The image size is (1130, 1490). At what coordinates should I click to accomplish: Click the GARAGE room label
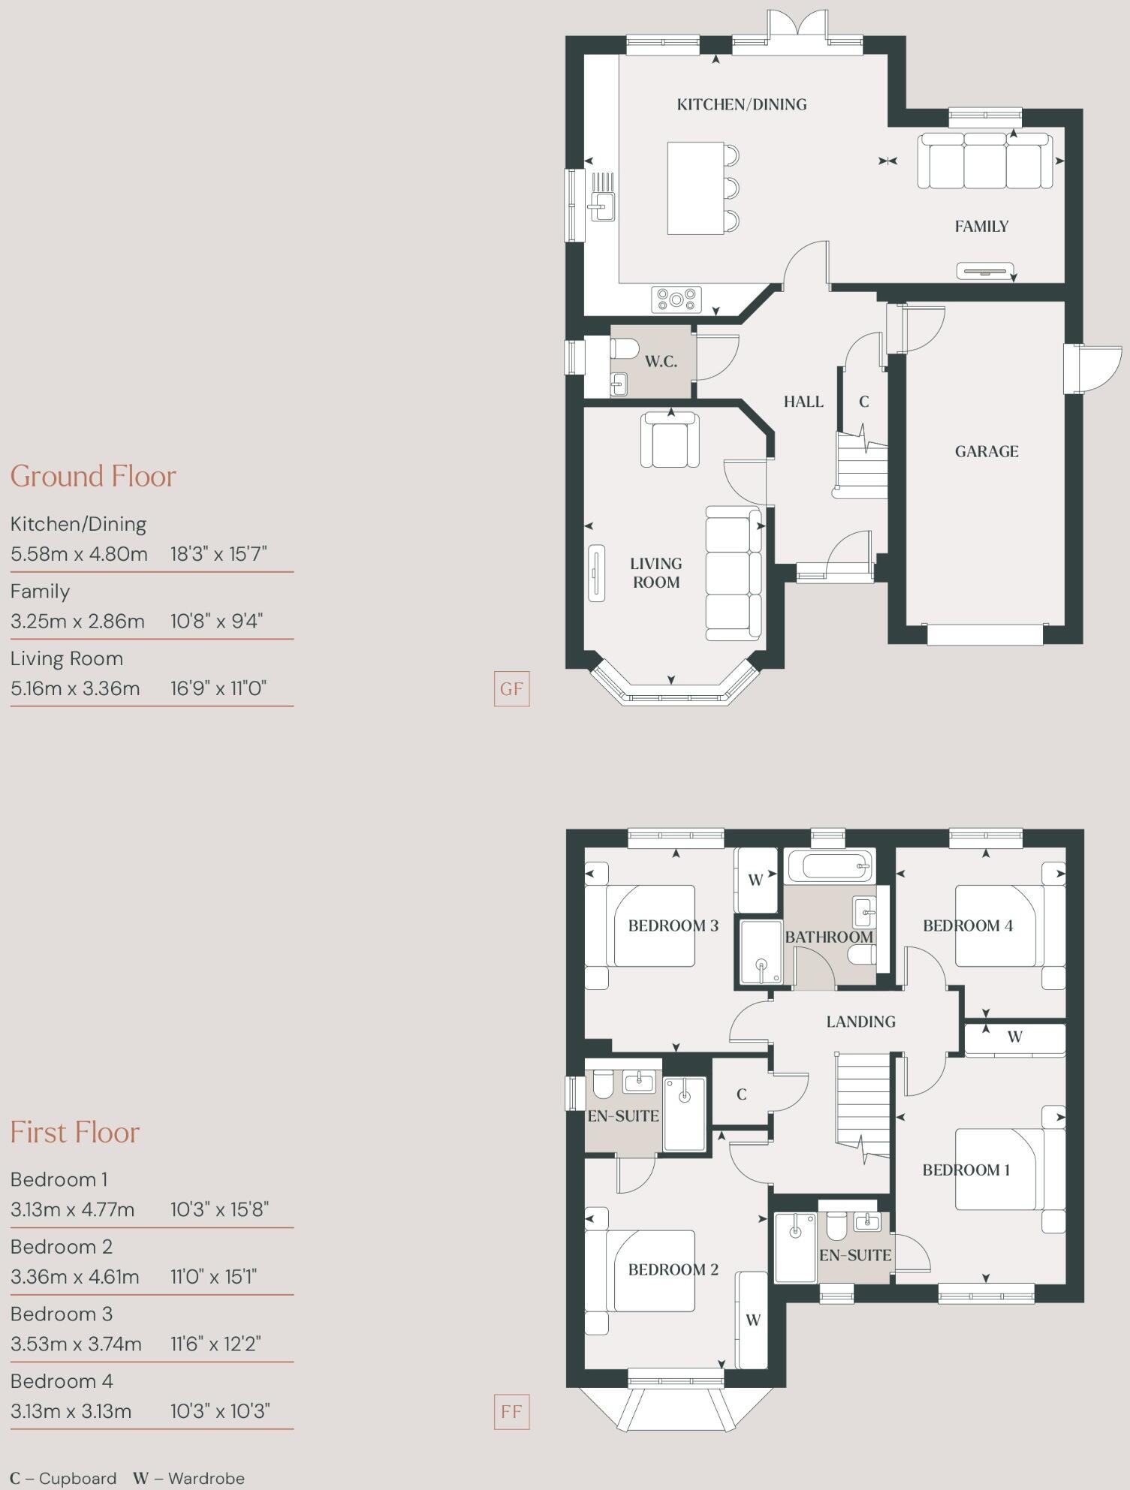(987, 451)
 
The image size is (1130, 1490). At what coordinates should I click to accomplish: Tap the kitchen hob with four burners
(676, 300)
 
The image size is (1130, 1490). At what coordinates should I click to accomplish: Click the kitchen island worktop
(695, 188)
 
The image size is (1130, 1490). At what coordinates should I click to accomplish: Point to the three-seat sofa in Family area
(985, 161)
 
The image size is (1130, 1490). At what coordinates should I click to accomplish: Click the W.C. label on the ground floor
(661, 362)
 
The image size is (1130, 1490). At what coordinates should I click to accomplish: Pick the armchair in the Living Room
(670, 442)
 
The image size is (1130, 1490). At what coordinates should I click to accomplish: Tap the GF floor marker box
(511, 688)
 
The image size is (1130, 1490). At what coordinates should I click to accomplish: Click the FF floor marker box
(511, 1411)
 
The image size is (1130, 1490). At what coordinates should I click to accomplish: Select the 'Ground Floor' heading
(93, 476)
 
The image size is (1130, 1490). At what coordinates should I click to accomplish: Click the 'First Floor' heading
(75, 1132)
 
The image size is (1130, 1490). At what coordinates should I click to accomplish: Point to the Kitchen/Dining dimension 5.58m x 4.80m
(79, 554)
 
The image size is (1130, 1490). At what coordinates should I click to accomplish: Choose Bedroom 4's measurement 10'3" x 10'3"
(219, 1411)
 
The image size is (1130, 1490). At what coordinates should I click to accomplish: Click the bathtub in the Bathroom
(829, 868)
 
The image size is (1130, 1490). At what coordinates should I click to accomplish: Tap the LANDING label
(860, 1021)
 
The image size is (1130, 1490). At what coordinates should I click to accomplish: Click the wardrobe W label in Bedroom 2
(753, 1320)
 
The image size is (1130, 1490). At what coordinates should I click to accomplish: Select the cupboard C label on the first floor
(741, 1094)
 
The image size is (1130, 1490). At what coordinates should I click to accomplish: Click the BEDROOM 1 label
(966, 1169)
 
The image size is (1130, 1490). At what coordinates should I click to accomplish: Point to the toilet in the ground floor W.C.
(625, 348)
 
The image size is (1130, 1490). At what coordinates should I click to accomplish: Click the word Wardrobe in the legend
(206, 1478)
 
